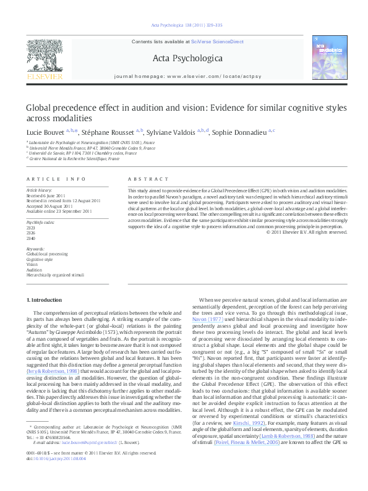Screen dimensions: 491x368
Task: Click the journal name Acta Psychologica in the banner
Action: pyautogui.click(x=183, y=58)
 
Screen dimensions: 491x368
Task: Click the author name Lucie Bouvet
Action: pyautogui.click(x=45, y=132)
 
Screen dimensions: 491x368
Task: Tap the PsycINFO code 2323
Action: pyautogui.click(x=30, y=228)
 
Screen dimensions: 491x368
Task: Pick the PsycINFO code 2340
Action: pyautogui.click(x=30, y=237)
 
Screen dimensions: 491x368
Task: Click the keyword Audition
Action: pyautogui.click(x=33, y=270)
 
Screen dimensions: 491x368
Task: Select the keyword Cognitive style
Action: pyautogui.click(x=38, y=260)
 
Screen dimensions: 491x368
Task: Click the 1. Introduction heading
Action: pyautogui.click(x=46, y=299)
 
